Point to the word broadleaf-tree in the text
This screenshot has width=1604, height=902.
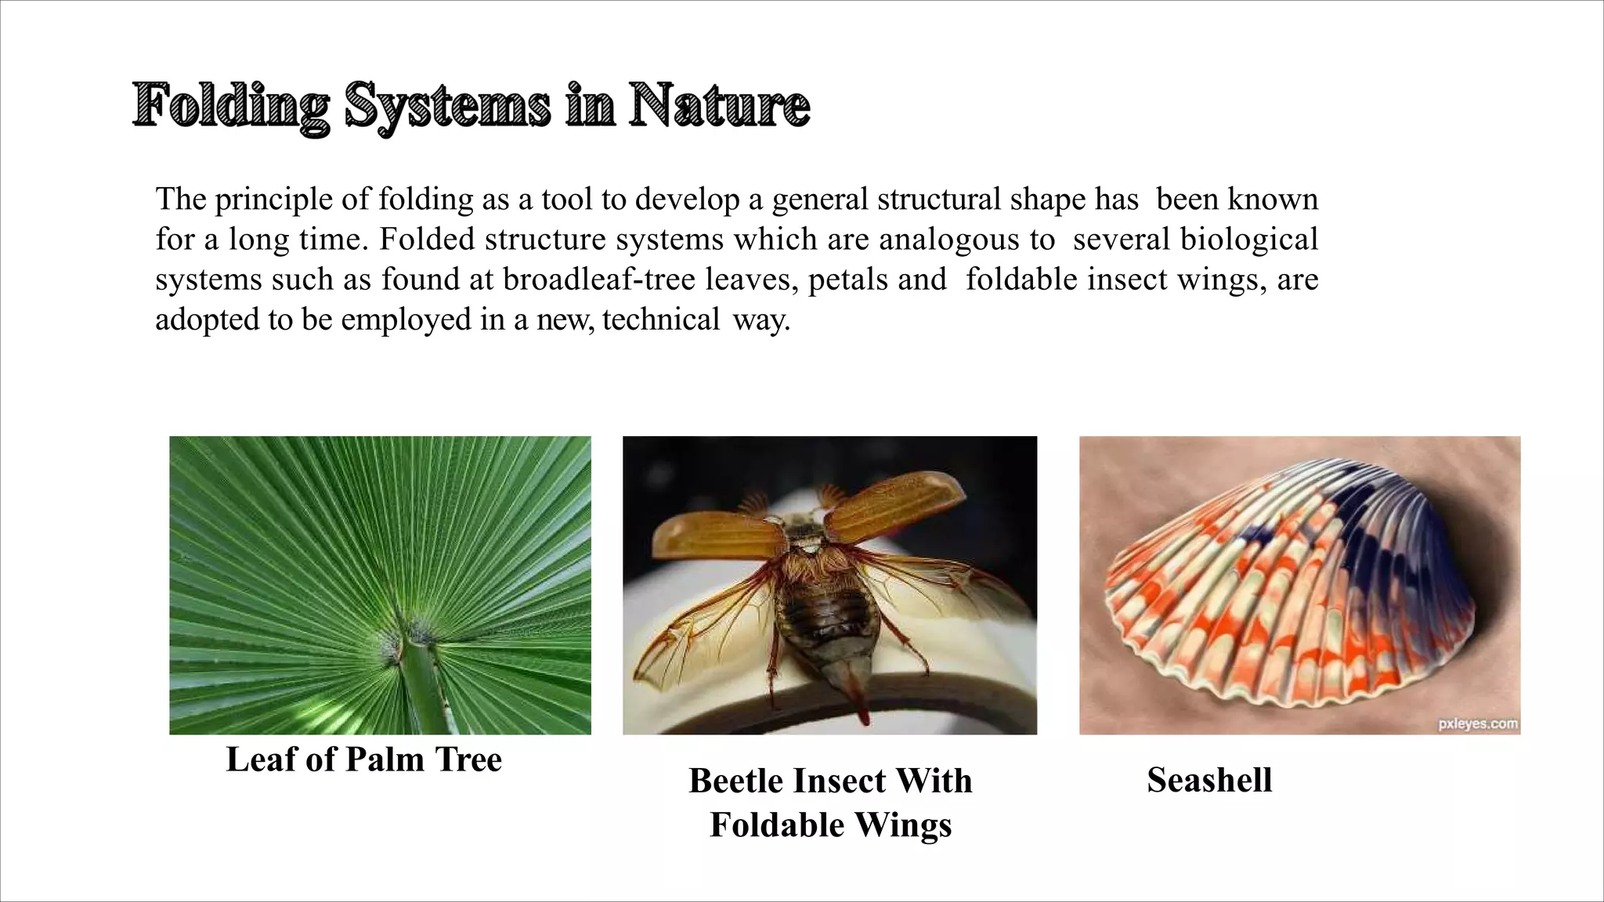tap(599, 280)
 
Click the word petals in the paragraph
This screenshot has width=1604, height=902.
tap(848, 280)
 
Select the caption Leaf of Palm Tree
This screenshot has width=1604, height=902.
tap(363, 759)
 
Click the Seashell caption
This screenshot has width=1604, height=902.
tap(1209, 780)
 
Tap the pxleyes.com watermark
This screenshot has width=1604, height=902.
tap(1478, 724)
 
